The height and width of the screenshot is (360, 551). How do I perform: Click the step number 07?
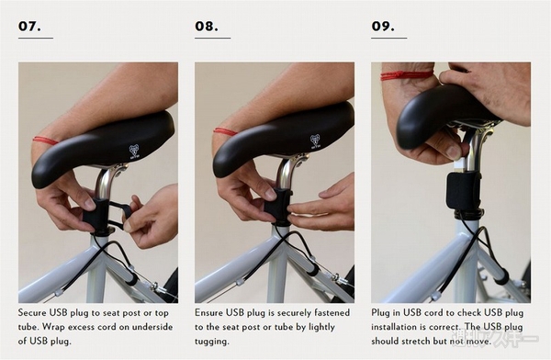tap(29, 26)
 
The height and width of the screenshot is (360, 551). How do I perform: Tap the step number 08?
tap(207, 26)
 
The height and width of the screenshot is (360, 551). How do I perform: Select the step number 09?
tap(383, 26)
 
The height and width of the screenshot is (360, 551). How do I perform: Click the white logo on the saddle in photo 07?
tap(134, 152)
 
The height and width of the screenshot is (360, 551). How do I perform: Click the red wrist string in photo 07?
tap(46, 141)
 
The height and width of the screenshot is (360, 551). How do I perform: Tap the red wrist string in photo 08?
tap(225, 132)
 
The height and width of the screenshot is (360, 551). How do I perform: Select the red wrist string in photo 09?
tap(407, 75)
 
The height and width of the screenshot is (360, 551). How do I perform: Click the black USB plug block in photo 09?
tap(463, 190)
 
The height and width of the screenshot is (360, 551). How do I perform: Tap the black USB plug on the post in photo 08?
tap(277, 205)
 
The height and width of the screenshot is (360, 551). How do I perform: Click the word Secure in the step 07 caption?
tap(32, 312)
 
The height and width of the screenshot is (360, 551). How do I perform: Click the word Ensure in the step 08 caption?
tap(209, 312)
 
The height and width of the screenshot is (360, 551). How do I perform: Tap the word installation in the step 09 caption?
tap(392, 327)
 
